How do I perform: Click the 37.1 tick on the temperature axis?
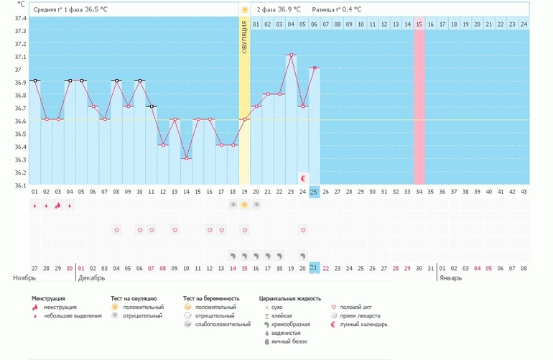[21, 57]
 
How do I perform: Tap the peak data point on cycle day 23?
[291, 55]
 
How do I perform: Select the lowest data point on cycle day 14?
[186, 158]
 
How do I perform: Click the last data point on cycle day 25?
[314, 68]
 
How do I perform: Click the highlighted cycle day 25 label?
[314, 191]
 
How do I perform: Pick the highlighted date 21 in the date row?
[314, 267]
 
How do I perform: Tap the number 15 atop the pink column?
[419, 24]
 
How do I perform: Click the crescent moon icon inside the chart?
[303, 177]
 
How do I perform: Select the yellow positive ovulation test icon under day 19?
[245, 205]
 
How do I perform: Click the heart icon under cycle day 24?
[303, 230]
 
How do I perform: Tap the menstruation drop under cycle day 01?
[34, 206]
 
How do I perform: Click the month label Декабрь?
[91, 277]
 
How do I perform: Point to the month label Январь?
[452, 277]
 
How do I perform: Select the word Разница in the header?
[325, 9]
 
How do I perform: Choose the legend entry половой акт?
[355, 307]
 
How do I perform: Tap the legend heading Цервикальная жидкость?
[290, 297]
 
